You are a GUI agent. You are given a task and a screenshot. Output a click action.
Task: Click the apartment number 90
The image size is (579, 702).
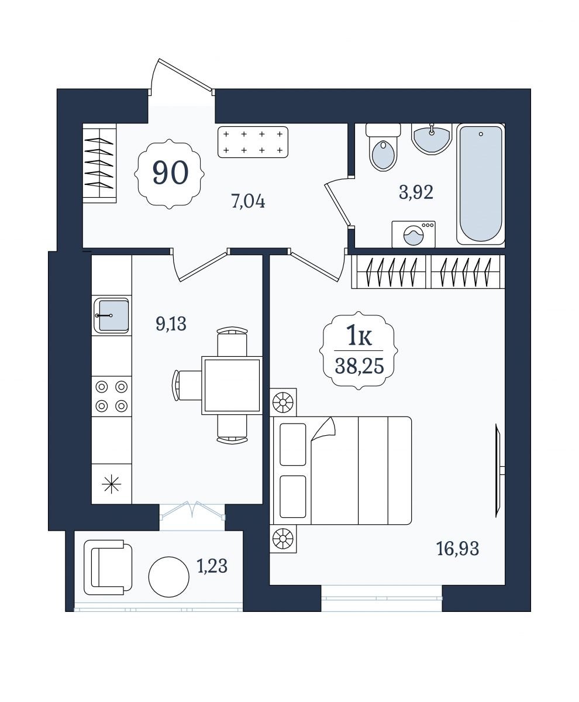tap(170, 172)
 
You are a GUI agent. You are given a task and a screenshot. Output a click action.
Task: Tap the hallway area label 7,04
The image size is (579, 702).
tap(248, 202)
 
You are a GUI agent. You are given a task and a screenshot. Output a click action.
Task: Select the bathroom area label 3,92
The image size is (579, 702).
tap(416, 192)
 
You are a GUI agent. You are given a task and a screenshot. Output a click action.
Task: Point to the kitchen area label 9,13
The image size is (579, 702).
tap(171, 325)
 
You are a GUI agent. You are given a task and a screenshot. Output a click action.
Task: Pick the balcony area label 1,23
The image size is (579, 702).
tap(212, 566)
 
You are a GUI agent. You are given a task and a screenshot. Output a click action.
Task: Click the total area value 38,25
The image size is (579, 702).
tap(360, 366)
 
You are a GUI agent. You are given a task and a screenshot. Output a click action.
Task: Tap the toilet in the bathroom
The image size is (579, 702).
tap(383, 147)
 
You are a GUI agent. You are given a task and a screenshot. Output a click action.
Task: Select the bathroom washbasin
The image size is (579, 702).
tap(432, 139)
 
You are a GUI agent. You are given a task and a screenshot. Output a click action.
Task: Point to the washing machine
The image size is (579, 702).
tap(413, 234)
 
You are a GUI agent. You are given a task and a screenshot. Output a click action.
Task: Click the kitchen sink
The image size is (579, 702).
tap(112, 315)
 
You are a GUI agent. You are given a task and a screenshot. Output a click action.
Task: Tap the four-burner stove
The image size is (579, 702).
tap(112, 397)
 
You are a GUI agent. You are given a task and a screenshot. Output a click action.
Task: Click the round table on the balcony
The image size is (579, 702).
tap(169, 577)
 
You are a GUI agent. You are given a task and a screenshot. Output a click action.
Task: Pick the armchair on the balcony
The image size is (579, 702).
tap(108, 567)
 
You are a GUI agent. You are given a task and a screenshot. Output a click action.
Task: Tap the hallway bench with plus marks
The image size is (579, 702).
tap(253, 142)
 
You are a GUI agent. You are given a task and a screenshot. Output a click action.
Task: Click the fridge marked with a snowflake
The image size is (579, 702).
tap(112, 484)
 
